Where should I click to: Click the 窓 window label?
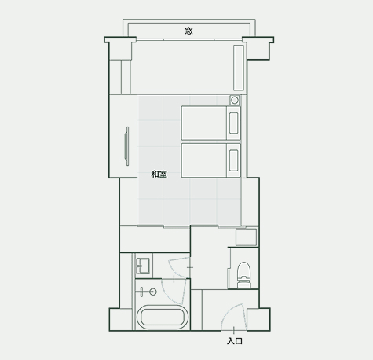(188, 31)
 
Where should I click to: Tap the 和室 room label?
(159, 174)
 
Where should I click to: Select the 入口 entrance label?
(235, 341)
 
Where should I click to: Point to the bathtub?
(163, 317)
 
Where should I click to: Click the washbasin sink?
(142, 266)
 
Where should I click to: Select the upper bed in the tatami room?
(210, 123)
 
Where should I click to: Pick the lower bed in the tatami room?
(210, 160)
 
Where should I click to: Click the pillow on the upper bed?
(233, 123)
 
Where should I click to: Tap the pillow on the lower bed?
(233, 160)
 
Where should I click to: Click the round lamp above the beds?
(235, 100)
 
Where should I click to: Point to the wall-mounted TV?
(127, 146)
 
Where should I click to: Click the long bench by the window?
(239, 68)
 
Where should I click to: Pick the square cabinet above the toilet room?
(246, 237)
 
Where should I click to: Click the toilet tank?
(243, 284)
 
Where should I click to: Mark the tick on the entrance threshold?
(234, 331)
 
